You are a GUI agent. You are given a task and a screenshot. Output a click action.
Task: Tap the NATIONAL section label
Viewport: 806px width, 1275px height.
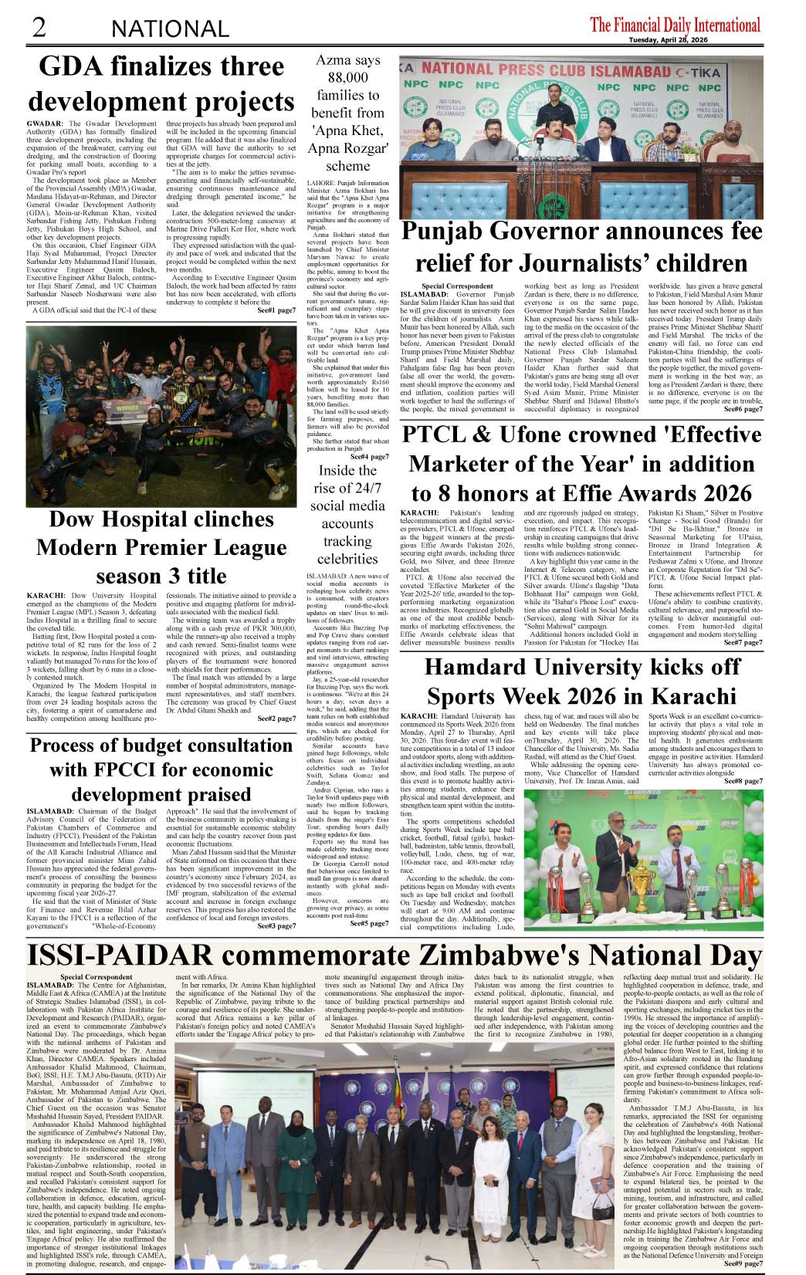(x=170, y=29)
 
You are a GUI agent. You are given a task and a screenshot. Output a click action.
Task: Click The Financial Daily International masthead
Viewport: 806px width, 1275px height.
(x=675, y=24)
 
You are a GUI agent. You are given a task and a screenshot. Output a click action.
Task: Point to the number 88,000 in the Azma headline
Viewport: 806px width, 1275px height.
(x=347, y=77)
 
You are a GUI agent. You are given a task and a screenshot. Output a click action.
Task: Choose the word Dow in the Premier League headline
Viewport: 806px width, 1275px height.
(x=71, y=519)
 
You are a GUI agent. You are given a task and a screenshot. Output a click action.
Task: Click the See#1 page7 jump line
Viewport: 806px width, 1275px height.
(x=276, y=310)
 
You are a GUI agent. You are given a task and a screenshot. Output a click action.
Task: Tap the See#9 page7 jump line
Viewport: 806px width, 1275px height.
(x=743, y=1263)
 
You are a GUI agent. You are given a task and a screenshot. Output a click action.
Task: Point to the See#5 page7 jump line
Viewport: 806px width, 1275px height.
(x=369, y=923)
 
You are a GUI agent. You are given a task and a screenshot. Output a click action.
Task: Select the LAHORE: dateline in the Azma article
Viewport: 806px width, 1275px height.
(x=322, y=184)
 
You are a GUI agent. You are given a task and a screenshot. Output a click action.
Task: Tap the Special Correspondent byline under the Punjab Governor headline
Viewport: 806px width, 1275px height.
(x=458, y=286)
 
